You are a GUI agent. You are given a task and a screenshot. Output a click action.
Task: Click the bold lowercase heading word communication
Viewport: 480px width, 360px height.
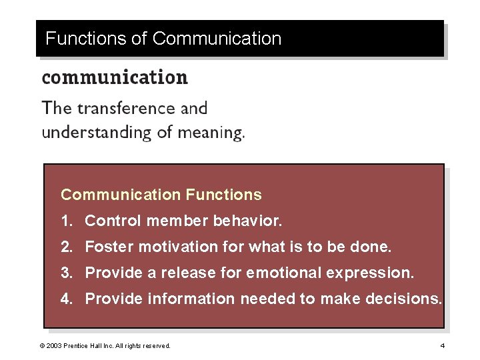pos(115,77)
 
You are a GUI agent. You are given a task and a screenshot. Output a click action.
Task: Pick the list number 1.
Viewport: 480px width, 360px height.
pos(65,220)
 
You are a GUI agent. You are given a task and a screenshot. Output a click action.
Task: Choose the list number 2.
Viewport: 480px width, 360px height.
pos(65,247)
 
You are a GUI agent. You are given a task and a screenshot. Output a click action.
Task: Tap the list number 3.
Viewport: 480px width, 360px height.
pos(65,273)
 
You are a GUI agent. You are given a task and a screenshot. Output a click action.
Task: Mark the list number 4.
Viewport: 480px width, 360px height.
pos(65,299)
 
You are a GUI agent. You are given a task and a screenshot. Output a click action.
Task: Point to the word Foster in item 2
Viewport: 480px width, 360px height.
pos(109,247)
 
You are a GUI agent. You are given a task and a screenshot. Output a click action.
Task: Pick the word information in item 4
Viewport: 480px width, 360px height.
pos(191,299)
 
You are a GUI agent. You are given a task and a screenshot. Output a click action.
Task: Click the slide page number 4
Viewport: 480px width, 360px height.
pos(442,345)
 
